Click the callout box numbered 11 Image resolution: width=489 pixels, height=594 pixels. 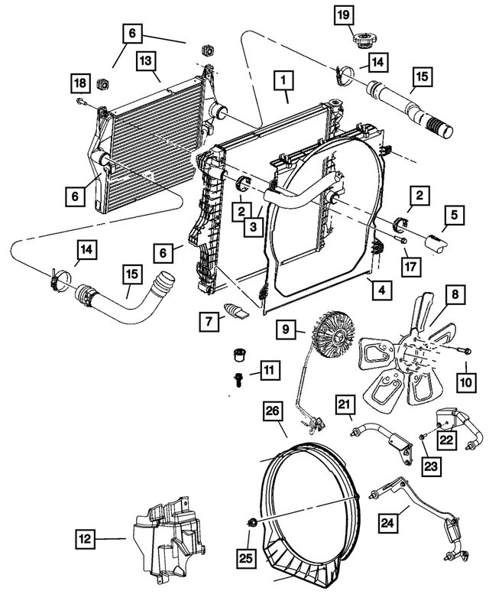pyautogui.click(x=267, y=372)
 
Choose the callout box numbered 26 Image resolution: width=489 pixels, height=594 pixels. pyautogui.click(x=273, y=412)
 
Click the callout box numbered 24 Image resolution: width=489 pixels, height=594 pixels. pyautogui.click(x=390, y=522)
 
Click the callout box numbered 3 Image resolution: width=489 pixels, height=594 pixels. pyautogui.click(x=251, y=226)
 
